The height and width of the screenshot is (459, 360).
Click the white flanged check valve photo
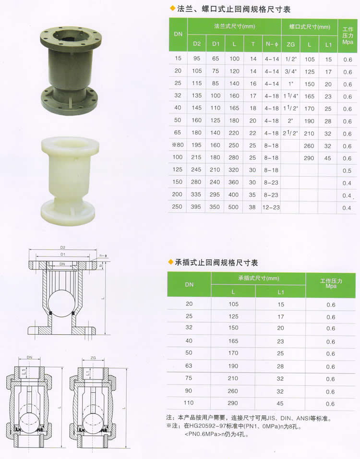(70, 181)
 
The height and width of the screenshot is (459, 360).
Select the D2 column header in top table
(197, 44)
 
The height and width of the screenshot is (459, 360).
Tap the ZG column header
(290, 44)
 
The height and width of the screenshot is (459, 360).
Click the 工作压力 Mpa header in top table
(348, 36)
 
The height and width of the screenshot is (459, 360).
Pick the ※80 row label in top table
(178, 145)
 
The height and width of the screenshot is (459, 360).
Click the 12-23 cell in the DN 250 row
(271, 207)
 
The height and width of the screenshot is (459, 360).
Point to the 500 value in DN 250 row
(233, 207)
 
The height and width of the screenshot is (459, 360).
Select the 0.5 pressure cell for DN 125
(347, 170)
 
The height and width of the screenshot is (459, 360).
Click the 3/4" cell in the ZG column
(291, 72)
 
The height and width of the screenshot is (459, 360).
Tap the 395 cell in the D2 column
(196, 206)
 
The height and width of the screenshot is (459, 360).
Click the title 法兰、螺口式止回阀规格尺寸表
(233, 10)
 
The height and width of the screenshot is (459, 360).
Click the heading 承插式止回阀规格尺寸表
(216, 263)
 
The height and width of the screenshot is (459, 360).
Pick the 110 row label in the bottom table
(189, 403)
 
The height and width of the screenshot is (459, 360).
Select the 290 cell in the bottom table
(233, 403)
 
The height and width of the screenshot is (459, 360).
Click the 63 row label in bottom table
(189, 366)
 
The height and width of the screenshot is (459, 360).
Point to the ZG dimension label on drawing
(93, 358)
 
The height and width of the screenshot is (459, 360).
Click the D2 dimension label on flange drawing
(62, 248)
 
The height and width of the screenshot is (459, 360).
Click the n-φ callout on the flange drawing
(103, 255)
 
